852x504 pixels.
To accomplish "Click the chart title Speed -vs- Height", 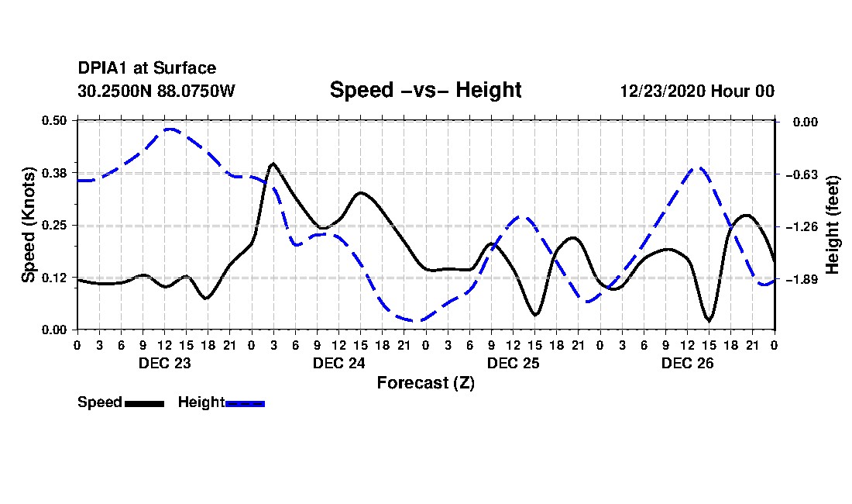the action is (x=425, y=90).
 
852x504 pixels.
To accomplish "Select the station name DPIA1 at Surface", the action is (x=146, y=68).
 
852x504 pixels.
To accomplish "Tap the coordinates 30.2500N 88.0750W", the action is (x=156, y=91).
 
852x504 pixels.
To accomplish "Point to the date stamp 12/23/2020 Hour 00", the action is (x=697, y=91).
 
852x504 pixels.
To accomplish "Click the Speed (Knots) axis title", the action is (x=28, y=225).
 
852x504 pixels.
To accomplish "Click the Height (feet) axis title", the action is (x=832, y=225).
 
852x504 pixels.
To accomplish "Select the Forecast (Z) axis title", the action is (x=425, y=383).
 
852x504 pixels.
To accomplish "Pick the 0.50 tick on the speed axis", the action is (x=53, y=120).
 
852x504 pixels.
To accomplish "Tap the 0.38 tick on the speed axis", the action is (x=53, y=173).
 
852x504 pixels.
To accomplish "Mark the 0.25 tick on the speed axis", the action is (x=53, y=225).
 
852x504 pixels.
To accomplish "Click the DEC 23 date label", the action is (x=165, y=363).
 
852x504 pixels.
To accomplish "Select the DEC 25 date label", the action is (x=513, y=363).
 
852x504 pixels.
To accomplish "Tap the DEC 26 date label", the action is (x=687, y=363).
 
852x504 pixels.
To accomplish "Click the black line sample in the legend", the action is (x=144, y=403).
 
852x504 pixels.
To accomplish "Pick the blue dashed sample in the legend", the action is (x=245, y=403).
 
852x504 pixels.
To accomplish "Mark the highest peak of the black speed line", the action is (x=273, y=163).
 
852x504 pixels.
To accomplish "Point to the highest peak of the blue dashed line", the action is (x=170, y=129).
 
